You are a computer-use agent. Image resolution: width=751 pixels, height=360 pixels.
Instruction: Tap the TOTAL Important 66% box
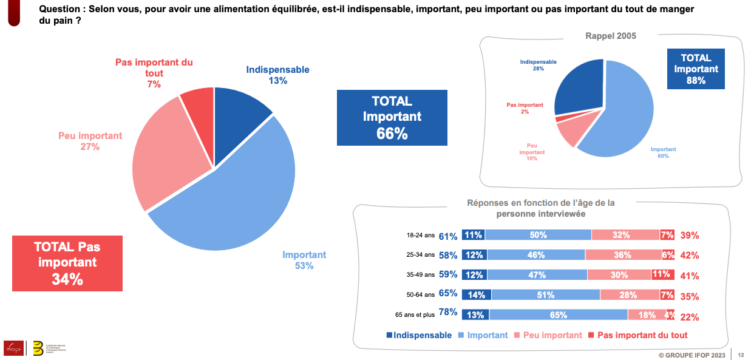pos(392,118)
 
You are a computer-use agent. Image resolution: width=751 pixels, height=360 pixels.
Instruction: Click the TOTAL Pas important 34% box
pos(67,263)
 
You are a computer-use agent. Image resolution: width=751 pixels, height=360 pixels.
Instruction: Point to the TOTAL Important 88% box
pos(696,69)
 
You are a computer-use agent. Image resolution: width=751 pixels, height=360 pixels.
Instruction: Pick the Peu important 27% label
pos(90,141)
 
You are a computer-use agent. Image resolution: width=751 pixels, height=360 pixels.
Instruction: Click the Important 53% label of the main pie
pos(304,260)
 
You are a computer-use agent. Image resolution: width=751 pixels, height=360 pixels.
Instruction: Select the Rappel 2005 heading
pos(610,36)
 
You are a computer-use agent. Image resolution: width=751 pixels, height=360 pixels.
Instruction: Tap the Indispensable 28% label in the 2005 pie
pos(538,65)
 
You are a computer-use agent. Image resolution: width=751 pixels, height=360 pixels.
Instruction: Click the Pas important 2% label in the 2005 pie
pos(525,108)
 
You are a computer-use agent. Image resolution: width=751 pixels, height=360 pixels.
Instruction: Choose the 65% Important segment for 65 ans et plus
pos(559,315)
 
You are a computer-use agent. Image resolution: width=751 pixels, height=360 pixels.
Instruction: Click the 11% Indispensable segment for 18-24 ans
pos(474,235)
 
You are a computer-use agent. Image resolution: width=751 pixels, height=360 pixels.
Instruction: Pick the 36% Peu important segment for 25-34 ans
pos(623,255)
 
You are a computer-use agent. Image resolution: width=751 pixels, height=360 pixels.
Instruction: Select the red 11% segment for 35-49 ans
pos(662,274)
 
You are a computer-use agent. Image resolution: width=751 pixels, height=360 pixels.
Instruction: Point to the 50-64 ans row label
pos(421,294)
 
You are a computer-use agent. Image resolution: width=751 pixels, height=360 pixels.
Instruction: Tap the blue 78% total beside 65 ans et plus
pos(447,313)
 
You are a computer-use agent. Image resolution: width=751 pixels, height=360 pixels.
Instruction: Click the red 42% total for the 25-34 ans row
pos(689,256)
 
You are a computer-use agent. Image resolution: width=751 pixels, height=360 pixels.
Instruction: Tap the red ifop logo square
pos(13,347)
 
